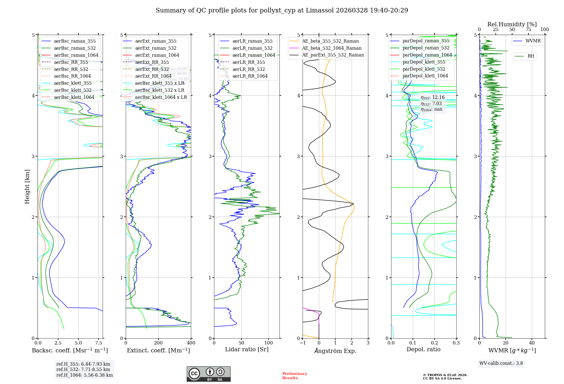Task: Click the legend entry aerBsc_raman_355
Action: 75,41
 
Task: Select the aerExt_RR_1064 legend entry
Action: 153,76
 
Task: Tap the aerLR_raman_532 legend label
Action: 252,48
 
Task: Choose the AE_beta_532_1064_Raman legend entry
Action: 332,48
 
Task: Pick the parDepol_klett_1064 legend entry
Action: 425,76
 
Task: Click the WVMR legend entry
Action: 533,41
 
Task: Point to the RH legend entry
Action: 531,56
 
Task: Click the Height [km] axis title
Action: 27,187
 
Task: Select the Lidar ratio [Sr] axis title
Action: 247,349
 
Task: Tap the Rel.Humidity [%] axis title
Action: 512,24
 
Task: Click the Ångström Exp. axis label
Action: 335,351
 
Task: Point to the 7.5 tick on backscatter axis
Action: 98,343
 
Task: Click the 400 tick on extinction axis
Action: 191,343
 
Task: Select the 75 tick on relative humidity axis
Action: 528,30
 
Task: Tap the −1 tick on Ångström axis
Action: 303,343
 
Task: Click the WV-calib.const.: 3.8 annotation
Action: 501,363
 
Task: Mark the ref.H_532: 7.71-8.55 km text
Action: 83,370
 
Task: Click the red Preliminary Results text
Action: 294,376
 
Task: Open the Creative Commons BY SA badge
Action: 208,374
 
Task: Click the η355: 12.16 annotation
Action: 433,97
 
